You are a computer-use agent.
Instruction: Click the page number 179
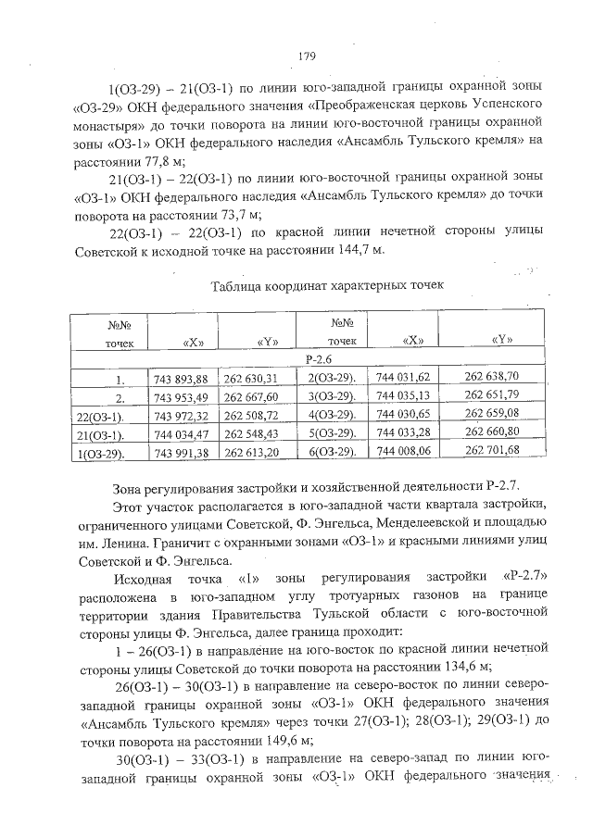click(x=308, y=56)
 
